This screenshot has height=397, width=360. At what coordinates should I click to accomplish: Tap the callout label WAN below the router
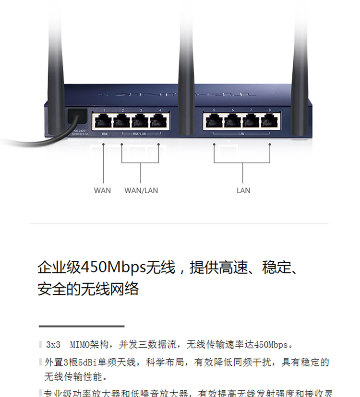[102, 190]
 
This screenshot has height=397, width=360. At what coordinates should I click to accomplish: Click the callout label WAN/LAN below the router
[141, 190]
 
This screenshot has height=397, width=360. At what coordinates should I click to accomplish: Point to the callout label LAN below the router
[243, 190]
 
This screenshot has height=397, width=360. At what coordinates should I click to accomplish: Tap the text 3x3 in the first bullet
[53, 345]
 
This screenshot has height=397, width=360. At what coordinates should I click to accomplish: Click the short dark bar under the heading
[82, 326]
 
